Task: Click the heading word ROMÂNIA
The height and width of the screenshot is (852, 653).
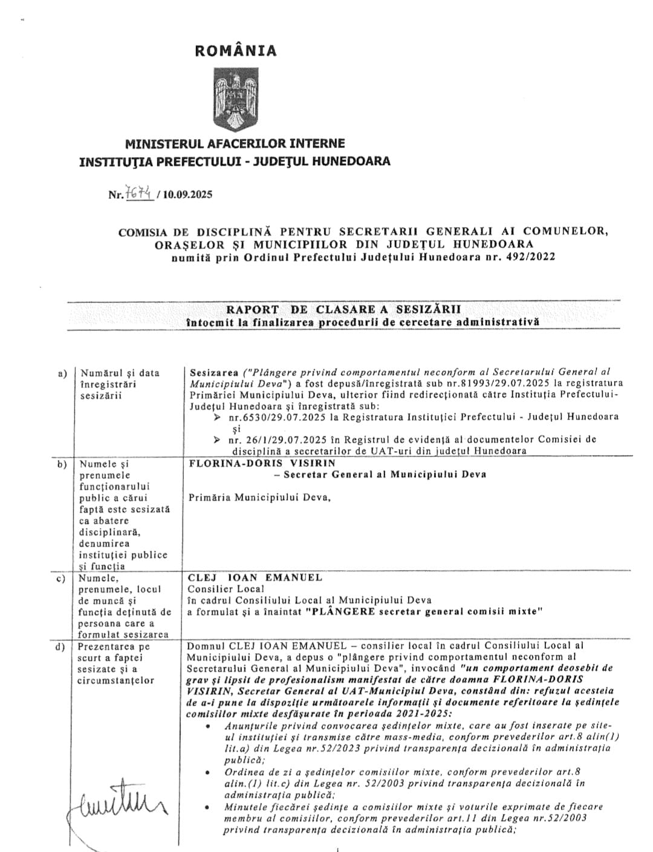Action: click(236, 51)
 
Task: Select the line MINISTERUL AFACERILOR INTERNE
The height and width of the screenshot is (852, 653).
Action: click(235, 144)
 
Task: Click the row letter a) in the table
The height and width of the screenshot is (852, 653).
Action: click(62, 373)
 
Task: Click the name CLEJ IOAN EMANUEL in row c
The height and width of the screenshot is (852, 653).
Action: click(255, 577)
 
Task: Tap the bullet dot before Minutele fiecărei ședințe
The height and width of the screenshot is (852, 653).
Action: click(209, 807)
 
